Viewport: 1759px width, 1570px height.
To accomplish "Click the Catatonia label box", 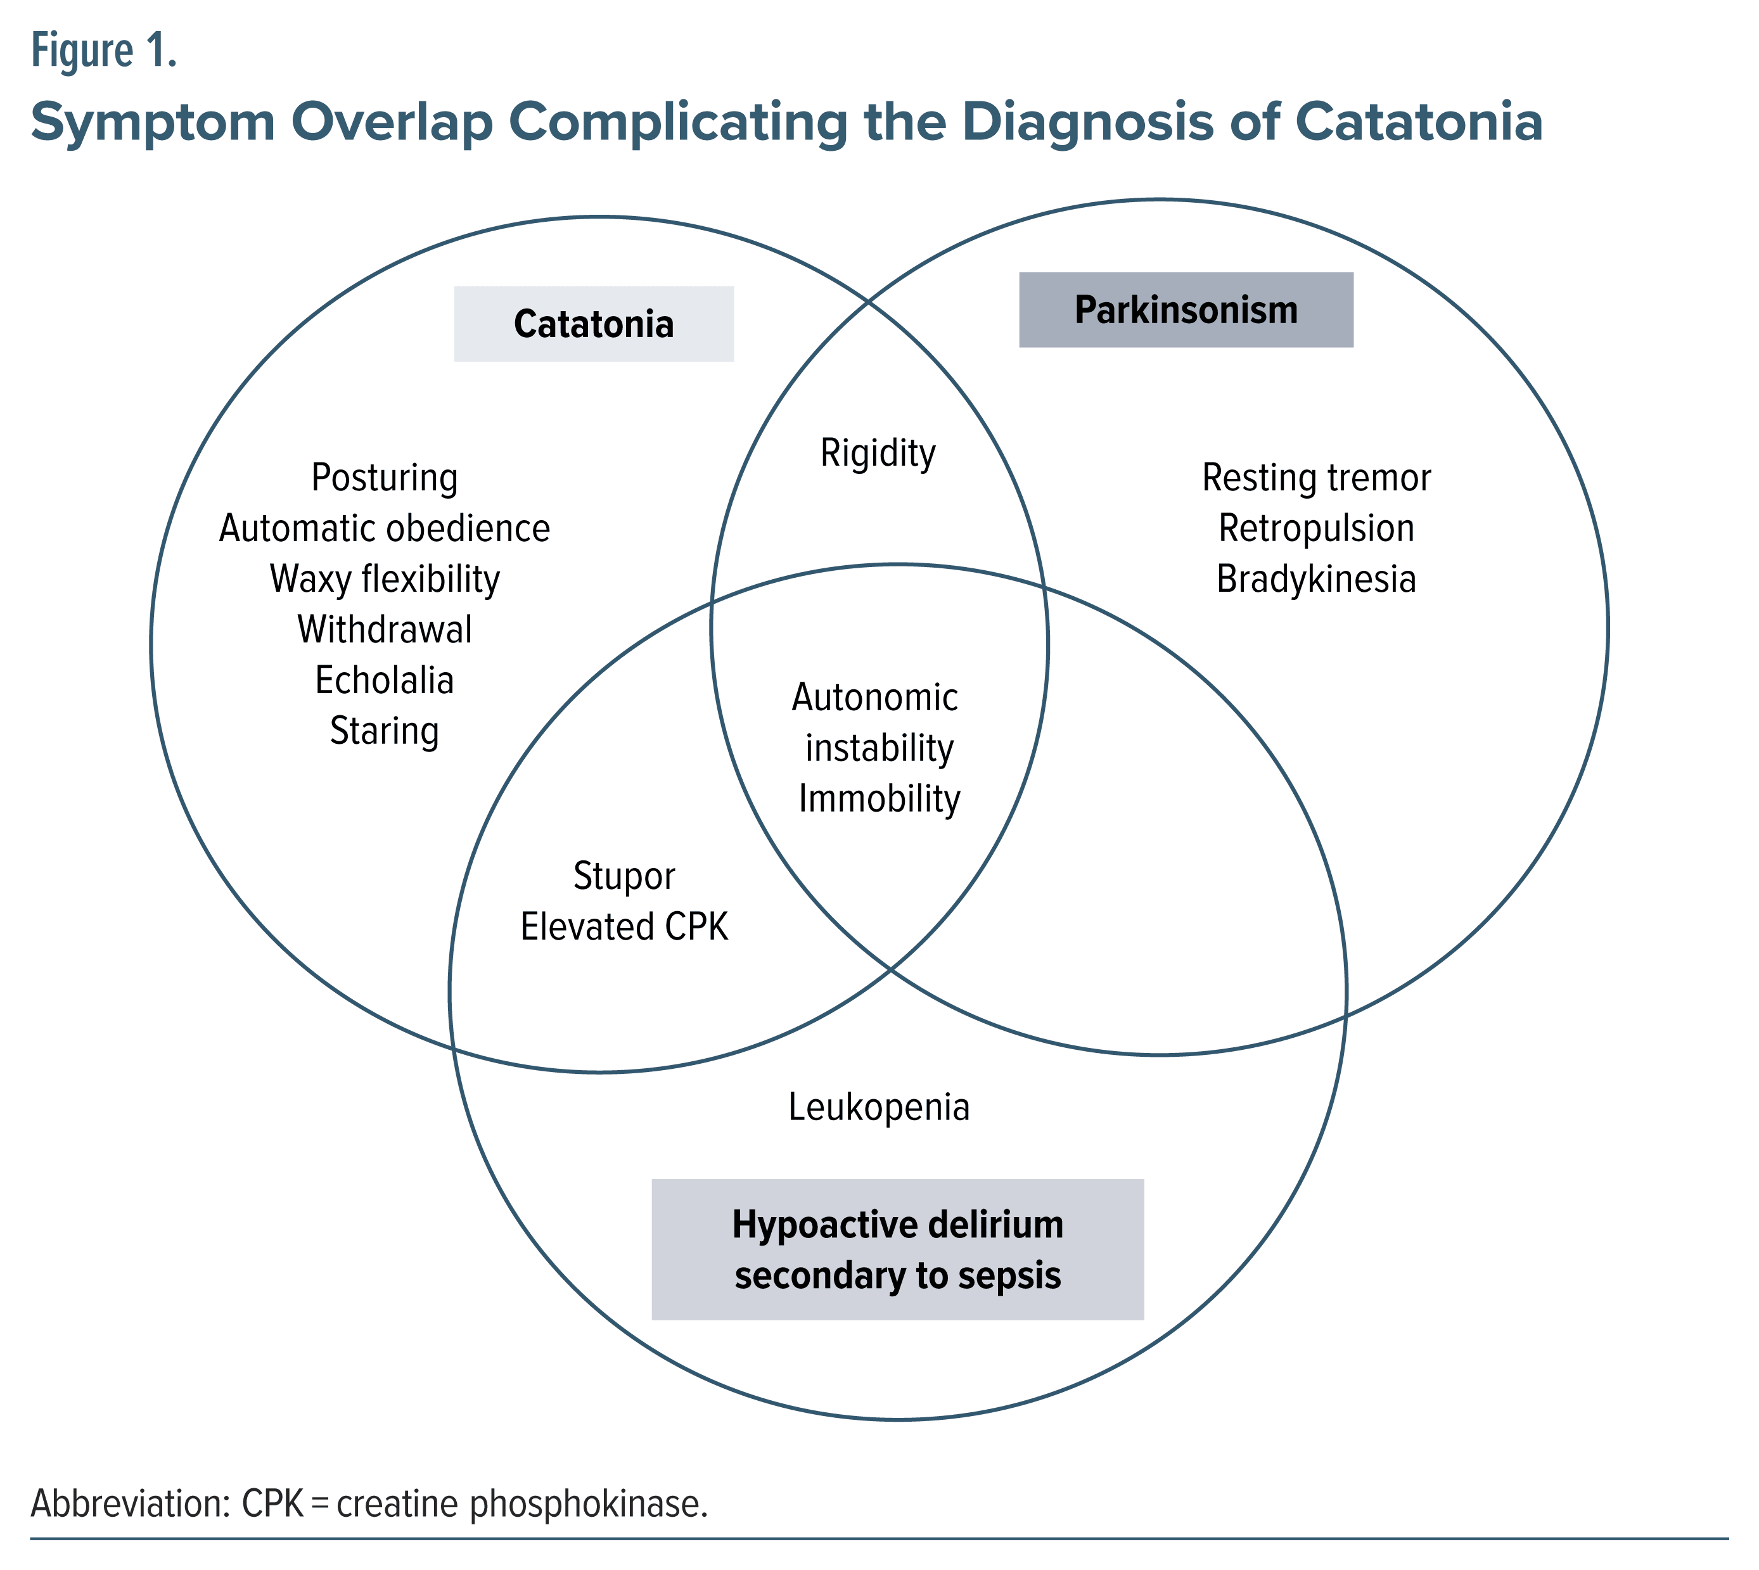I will pyautogui.click(x=594, y=324).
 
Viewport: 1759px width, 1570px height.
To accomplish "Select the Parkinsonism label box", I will pyautogui.click(x=1186, y=310).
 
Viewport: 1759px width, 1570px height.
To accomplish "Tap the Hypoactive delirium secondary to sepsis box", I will pyautogui.click(x=897, y=1249).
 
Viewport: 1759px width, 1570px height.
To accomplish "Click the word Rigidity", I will pyautogui.click(x=878, y=454).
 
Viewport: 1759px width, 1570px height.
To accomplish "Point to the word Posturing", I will pyautogui.click(x=384, y=478).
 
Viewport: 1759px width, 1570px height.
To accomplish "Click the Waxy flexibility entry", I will pyautogui.click(x=384, y=579).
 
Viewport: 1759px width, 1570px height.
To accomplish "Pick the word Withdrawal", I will pyautogui.click(x=384, y=630).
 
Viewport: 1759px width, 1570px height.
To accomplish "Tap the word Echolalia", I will pyautogui.click(x=384, y=680).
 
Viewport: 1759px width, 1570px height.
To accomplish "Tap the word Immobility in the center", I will pyautogui.click(x=878, y=799).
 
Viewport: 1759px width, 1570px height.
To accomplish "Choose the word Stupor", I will pyautogui.click(x=624, y=876).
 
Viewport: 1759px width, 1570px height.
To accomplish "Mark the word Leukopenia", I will pyautogui.click(x=878, y=1107).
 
